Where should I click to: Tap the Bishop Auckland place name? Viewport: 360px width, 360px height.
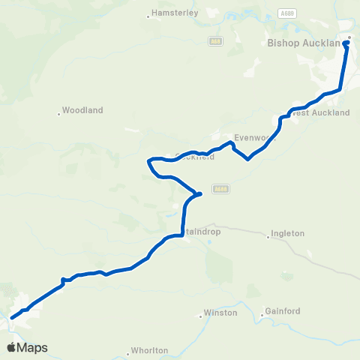[304, 43]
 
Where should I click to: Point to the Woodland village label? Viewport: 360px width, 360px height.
[82, 110]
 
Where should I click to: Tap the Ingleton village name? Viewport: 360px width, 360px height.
[289, 233]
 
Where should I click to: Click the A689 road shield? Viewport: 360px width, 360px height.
[286, 13]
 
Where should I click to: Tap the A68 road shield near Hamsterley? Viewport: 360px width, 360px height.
[217, 41]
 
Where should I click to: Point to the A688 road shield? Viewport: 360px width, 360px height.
[218, 189]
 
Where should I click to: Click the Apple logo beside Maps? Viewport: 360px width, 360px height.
[12, 347]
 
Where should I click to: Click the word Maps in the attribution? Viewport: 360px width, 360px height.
[33, 347]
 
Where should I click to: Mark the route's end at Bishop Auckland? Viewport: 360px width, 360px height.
[346, 43]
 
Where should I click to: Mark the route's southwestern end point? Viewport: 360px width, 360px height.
[11, 318]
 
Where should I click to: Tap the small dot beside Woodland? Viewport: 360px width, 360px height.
[58, 114]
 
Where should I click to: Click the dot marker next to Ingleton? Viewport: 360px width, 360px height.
[268, 237]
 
